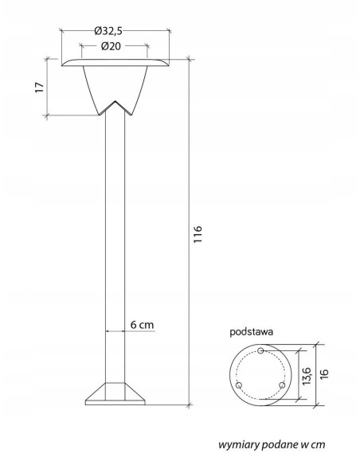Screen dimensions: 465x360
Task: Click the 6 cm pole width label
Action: click(x=143, y=325)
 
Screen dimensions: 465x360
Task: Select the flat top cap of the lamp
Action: click(x=115, y=63)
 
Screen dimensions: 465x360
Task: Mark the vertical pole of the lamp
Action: click(x=115, y=239)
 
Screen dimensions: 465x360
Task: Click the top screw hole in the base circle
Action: click(x=260, y=351)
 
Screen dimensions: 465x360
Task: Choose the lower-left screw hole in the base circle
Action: click(x=239, y=386)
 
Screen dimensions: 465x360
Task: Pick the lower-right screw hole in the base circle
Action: click(x=280, y=386)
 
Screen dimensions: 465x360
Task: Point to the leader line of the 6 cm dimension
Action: click(x=116, y=332)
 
